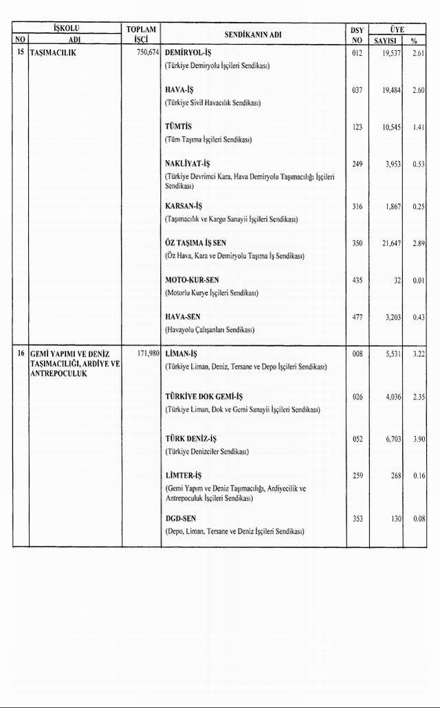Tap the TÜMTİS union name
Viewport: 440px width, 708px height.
(179, 127)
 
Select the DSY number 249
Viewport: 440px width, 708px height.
(356, 164)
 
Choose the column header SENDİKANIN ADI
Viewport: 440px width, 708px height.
(253, 34)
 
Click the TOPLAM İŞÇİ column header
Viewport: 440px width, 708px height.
(142, 34)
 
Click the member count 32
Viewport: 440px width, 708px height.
(397, 280)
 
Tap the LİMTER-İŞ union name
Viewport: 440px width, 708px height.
(184, 476)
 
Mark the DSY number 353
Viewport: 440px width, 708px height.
(357, 519)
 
